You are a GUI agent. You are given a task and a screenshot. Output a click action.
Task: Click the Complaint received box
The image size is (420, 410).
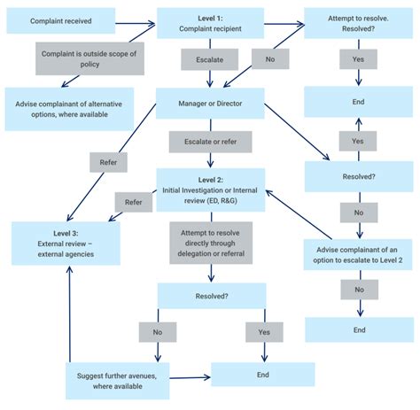59,19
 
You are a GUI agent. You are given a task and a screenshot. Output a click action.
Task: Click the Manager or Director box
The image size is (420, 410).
211,103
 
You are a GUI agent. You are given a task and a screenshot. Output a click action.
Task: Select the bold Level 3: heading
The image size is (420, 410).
53,233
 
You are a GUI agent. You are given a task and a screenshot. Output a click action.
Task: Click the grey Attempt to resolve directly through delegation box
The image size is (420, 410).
211,242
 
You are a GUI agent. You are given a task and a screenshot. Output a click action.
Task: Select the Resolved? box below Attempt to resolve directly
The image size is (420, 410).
211,295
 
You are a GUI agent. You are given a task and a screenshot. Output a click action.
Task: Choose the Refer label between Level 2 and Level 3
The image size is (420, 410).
133,202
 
